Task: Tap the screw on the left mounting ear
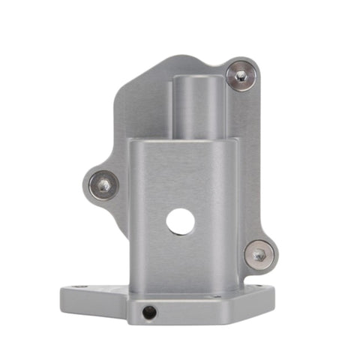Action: tap(103, 185)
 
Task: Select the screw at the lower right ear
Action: tap(259, 254)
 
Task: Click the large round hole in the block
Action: tap(181, 221)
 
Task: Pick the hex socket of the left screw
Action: tap(103, 185)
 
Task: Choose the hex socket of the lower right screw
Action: tap(259, 254)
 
